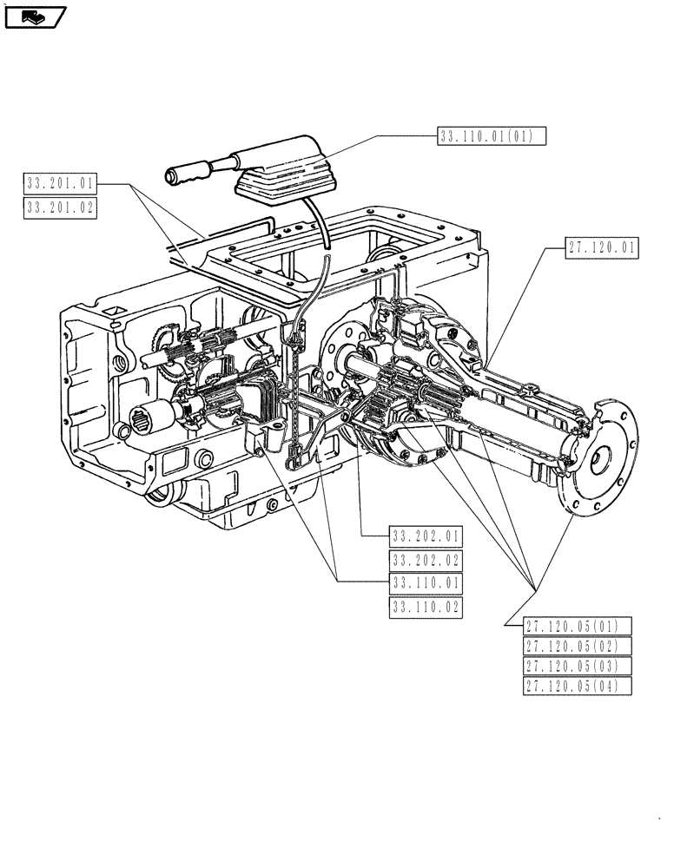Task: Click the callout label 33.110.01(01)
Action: pyautogui.click(x=492, y=135)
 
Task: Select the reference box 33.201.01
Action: pyautogui.click(x=62, y=183)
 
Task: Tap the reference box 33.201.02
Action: pyautogui.click(x=62, y=207)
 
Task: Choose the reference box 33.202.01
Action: pyautogui.click(x=426, y=536)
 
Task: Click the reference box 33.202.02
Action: pyautogui.click(x=426, y=560)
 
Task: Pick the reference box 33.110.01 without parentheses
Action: pyautogui.click(x=426, y=583)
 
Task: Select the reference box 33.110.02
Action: pyautogui.click(x=426, y=608)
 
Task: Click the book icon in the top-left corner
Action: pyautogui.click(x=35, y=16)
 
